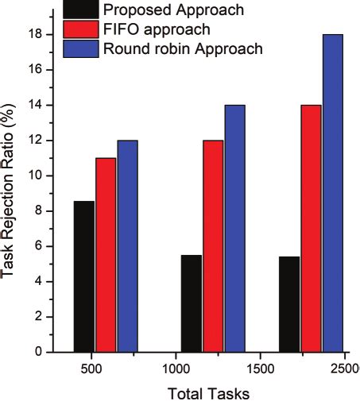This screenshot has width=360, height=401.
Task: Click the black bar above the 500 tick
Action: coord(83,276)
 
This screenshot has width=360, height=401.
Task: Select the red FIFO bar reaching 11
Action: coord(106,254)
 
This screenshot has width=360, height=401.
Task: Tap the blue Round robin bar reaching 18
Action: coord(332,193)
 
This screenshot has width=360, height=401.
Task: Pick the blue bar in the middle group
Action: coord(234,228)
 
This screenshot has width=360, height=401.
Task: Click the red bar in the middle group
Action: coord(213,245)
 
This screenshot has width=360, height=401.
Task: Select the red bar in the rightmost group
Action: coord(311,228)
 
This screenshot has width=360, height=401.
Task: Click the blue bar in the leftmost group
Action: coord(127,245)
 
